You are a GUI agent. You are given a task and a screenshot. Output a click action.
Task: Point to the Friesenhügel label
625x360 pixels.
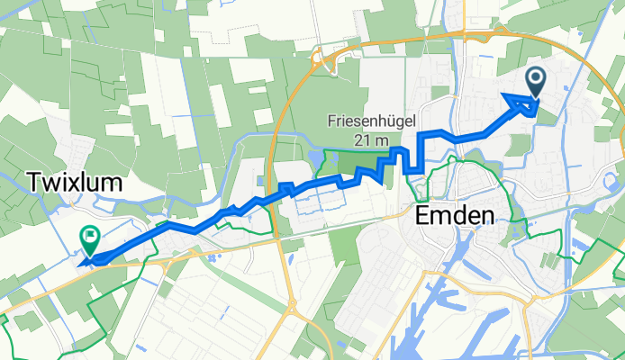tap(370, 120)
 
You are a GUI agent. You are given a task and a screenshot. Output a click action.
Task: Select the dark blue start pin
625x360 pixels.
tap(536, 82)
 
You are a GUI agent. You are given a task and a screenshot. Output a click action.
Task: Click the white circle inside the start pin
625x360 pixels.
tap(536, 79)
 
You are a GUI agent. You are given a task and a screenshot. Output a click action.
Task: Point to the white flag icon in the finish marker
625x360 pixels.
tap(91, 237)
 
